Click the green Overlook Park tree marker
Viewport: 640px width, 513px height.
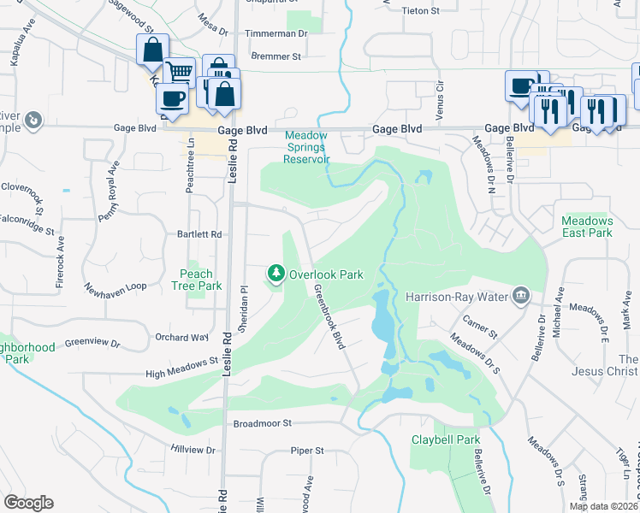[276, 274]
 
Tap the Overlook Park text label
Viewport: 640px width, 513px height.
[326, 274]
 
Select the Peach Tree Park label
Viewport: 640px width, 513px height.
[196, 280]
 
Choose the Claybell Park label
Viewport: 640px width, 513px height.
[445, 439]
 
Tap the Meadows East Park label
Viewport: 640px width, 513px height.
[587, 227]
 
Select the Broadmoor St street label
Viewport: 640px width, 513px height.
[263, 423]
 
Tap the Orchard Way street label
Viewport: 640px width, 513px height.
[182, 338]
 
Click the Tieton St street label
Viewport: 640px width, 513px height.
[419, 12]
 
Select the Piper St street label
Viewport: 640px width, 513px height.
[307, 450]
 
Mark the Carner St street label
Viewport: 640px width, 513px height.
[480, 325]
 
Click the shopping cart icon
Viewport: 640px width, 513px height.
[179, 73]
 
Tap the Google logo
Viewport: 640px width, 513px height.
[28, 503]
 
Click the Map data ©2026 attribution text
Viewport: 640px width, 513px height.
[603, 506]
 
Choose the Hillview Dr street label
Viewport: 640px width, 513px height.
[193, 449]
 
